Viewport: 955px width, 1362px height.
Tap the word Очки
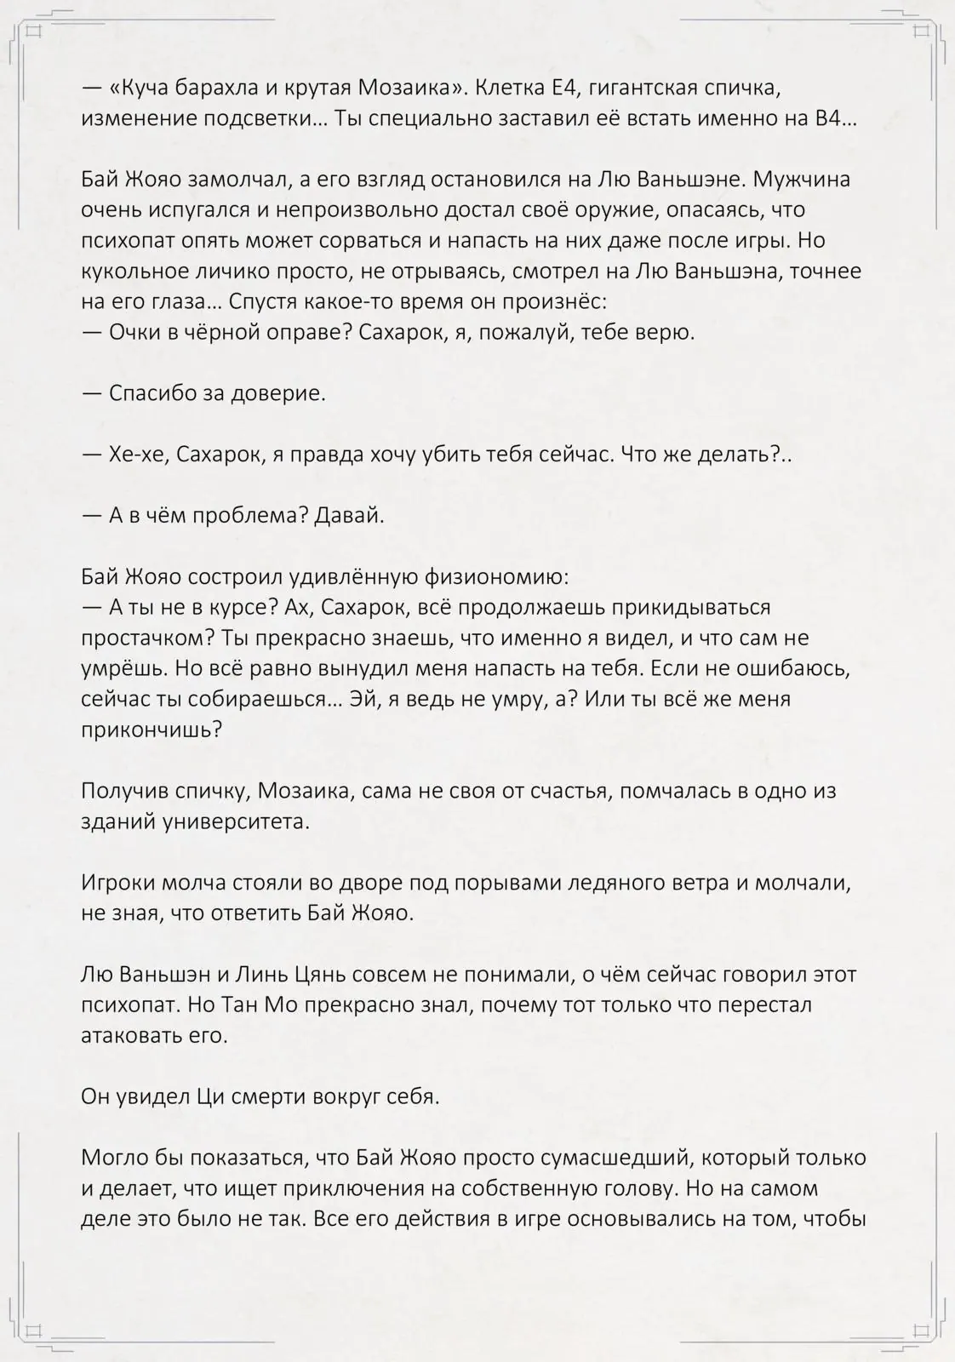pyautogui.click(x=136, y=332)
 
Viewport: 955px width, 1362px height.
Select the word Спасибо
pyautogui.click(x=152, y=393)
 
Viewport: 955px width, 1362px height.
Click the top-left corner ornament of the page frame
pyautogui.click(x=32, y=32)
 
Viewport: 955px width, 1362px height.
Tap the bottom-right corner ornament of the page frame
pyautogui.click(x=923, y=1330)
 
